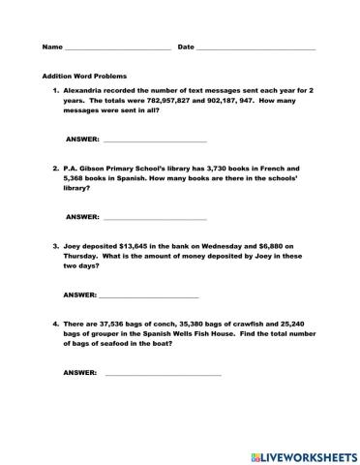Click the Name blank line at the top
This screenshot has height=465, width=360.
(x=117, y=47)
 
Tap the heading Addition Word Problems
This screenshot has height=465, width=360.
(x=84, y=76)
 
